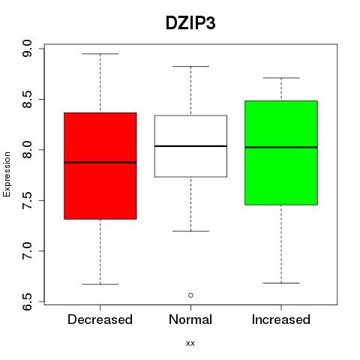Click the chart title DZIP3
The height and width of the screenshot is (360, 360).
(x=190, y=23)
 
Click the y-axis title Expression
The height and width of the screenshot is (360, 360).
(x=7, y=174)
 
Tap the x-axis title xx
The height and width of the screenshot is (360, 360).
(x=190, y=343)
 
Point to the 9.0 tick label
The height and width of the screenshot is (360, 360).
(x=27, y=49)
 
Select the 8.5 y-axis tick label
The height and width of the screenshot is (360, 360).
(x=27, y=99)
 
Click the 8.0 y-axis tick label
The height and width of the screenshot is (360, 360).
(x=27, y=150)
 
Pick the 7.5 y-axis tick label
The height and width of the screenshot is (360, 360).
(x=27, y=200)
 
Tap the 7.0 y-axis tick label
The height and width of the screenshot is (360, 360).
(x=27, y=251)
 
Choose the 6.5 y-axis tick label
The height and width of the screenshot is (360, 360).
(x=27, y=301)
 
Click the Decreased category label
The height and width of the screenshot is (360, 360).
(x=100, y=319)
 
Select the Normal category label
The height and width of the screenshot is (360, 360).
(x=190, y=319)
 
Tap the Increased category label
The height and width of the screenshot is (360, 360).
(x=281, y=319)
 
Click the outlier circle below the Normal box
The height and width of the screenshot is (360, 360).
(x=190, y=295)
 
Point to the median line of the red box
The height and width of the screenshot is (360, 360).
(x=100, y=163)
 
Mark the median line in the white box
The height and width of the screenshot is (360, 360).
(x=190, y=146)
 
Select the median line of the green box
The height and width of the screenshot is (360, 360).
(x=281, y=147)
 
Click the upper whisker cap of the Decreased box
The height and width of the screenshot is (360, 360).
(x=100, y=54)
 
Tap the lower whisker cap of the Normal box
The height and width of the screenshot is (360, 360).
(x=190, y=231)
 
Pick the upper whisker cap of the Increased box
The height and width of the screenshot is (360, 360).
(x=281, y=78)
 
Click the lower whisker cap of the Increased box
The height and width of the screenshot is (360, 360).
(x=281, y=283)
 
